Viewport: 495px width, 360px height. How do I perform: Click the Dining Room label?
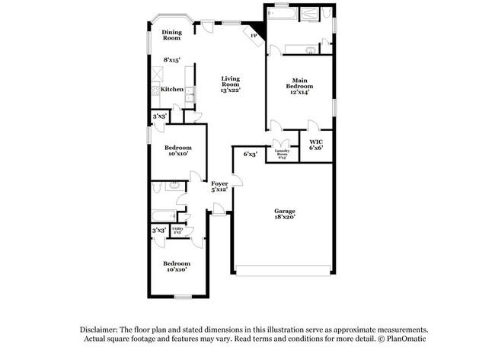(x=171, y=35)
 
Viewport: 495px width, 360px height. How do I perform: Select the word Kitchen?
(x=171, y=90)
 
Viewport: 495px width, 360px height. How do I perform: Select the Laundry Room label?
(x=281, y=152)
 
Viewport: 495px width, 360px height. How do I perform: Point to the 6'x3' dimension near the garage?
(x=250, y=155)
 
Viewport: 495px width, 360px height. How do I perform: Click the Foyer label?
(x=219, y=183)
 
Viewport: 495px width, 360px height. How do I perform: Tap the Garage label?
(x=284, y=211)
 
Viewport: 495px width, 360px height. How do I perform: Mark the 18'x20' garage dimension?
(x=284, y=218)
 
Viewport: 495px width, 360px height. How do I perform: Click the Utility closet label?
(x=177, y=230)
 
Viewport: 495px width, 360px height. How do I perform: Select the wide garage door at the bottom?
(x=283, y=268)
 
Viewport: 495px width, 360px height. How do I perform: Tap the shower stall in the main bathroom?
(x=309, y=14)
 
